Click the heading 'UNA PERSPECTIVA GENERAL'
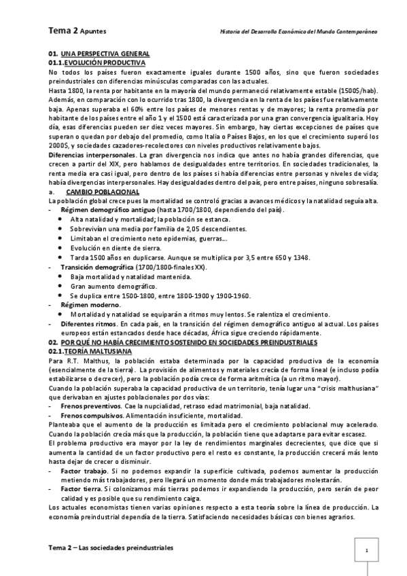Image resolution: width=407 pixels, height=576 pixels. (x=105, y=54)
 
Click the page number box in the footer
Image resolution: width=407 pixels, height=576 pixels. (x=366, y=551)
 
